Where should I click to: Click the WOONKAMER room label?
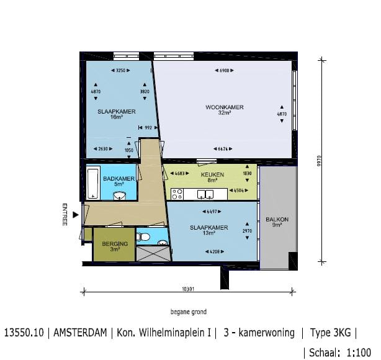(224, 107)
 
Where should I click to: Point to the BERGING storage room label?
(114, 243)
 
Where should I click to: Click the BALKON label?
(277, 220)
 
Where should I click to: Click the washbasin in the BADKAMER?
(120, 196)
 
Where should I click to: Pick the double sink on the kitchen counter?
(205, 195)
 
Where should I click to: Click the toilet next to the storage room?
(143, 236)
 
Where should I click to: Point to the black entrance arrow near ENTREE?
(76, 215)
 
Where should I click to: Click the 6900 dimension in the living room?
(224, 70)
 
